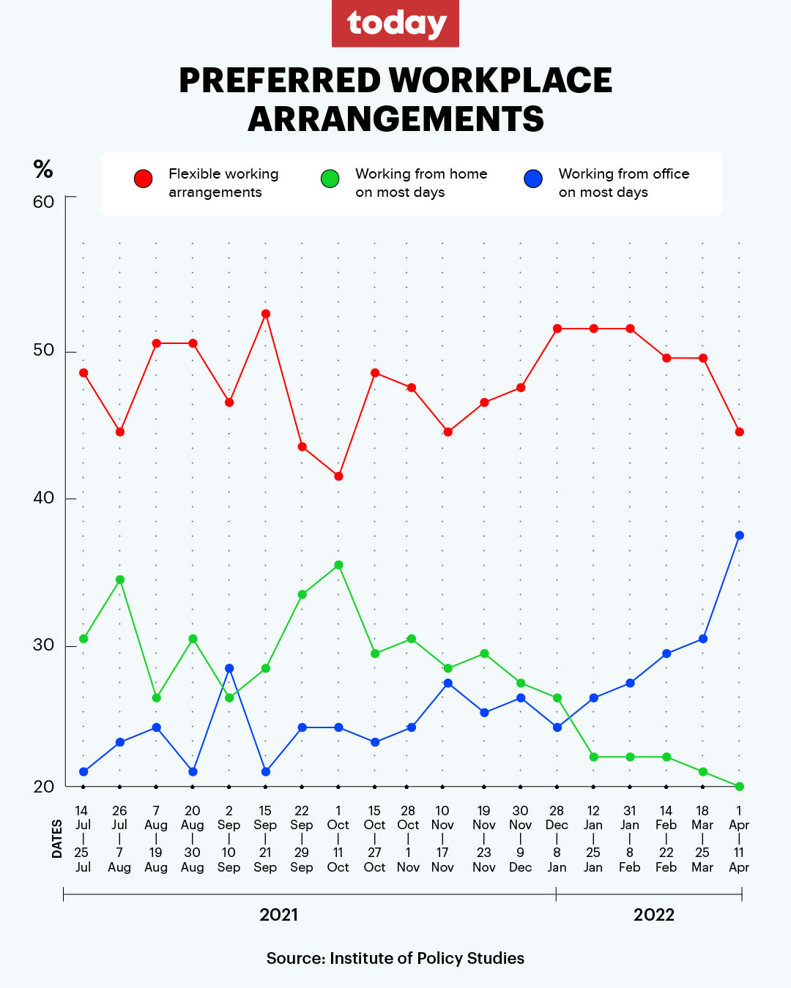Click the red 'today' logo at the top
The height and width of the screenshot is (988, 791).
point(395,23)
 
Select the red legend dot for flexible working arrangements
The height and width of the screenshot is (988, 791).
point(143,179)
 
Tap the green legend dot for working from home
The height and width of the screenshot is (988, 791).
point(330,179)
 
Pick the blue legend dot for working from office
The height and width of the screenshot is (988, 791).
point(533,179)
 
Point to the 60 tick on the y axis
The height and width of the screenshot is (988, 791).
point(44,202)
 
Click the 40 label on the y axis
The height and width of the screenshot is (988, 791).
point(44,498)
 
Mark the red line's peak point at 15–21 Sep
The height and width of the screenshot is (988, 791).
point(266,314)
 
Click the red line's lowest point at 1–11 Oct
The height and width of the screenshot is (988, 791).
point(338,476)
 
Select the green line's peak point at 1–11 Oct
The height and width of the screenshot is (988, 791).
point(338,565)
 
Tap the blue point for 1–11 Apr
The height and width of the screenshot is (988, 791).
point(740,536)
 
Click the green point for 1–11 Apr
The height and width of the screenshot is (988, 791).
point(740,787)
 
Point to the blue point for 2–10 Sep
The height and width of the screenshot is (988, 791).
point(229,668)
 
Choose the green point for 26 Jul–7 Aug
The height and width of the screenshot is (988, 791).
point(120,580)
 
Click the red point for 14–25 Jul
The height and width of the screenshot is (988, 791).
point(83,373)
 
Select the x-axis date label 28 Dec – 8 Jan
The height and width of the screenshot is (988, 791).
point(557,839)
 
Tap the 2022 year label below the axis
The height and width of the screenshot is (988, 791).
point(653,915)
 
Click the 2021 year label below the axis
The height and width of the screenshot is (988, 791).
point(279,915)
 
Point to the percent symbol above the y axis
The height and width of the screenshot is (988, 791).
point(43,170)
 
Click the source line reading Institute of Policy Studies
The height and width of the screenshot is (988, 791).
point(395,959)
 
